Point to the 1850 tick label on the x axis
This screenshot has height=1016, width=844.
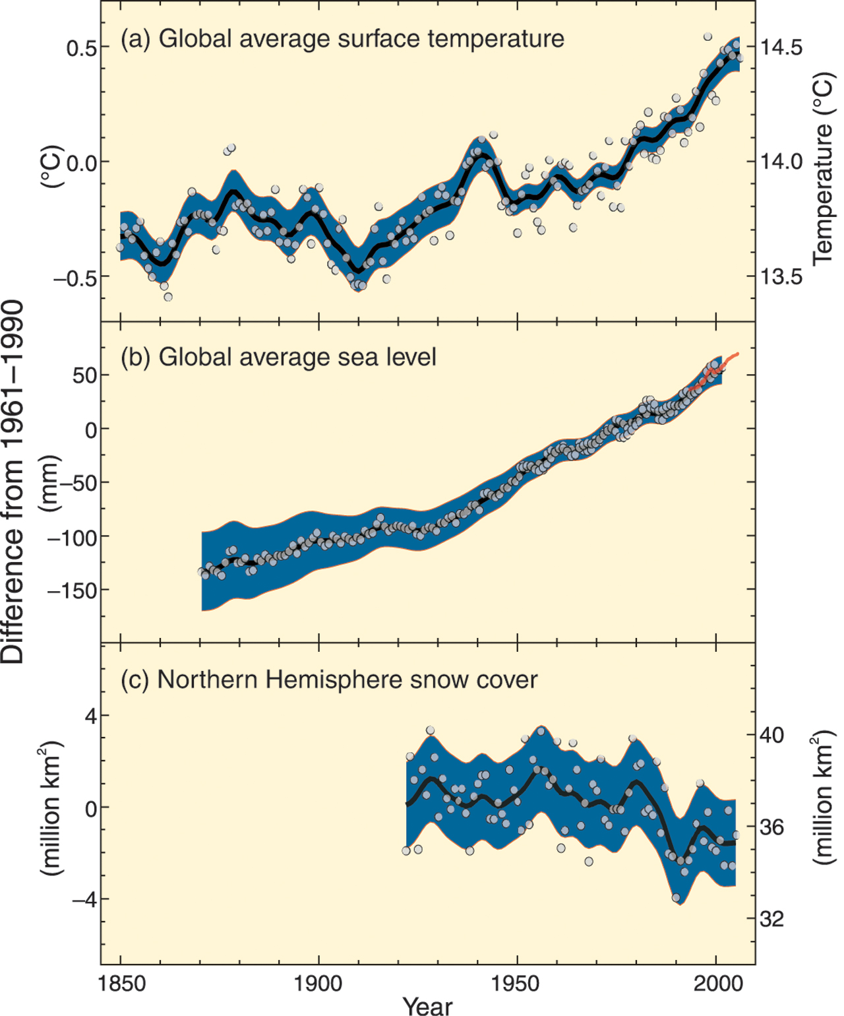[x=121, y=984]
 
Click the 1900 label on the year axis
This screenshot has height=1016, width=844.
[x=319, y=984]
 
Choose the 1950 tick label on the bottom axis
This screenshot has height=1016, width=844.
[x=517, y=984]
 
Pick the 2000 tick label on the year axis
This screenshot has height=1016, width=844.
[x=717, y=984]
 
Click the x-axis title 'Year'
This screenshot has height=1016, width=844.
[x=427, y=1005]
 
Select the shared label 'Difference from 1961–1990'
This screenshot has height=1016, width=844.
[x=13, y=482]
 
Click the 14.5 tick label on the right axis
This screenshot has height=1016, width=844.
[x=781, y=48]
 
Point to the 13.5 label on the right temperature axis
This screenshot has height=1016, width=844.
[x=781, y=276]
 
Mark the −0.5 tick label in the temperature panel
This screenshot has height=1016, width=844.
[x=75, y=278]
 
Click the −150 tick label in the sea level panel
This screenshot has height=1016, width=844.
[x=73, y=590]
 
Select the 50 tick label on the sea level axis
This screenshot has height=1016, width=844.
[x=85, y=375]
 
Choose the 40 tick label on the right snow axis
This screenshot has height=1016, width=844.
[x=772, y=735]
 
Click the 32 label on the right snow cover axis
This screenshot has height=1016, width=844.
[x=772, y=918]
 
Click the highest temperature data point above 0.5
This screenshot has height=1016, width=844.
[x=708, y=36]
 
